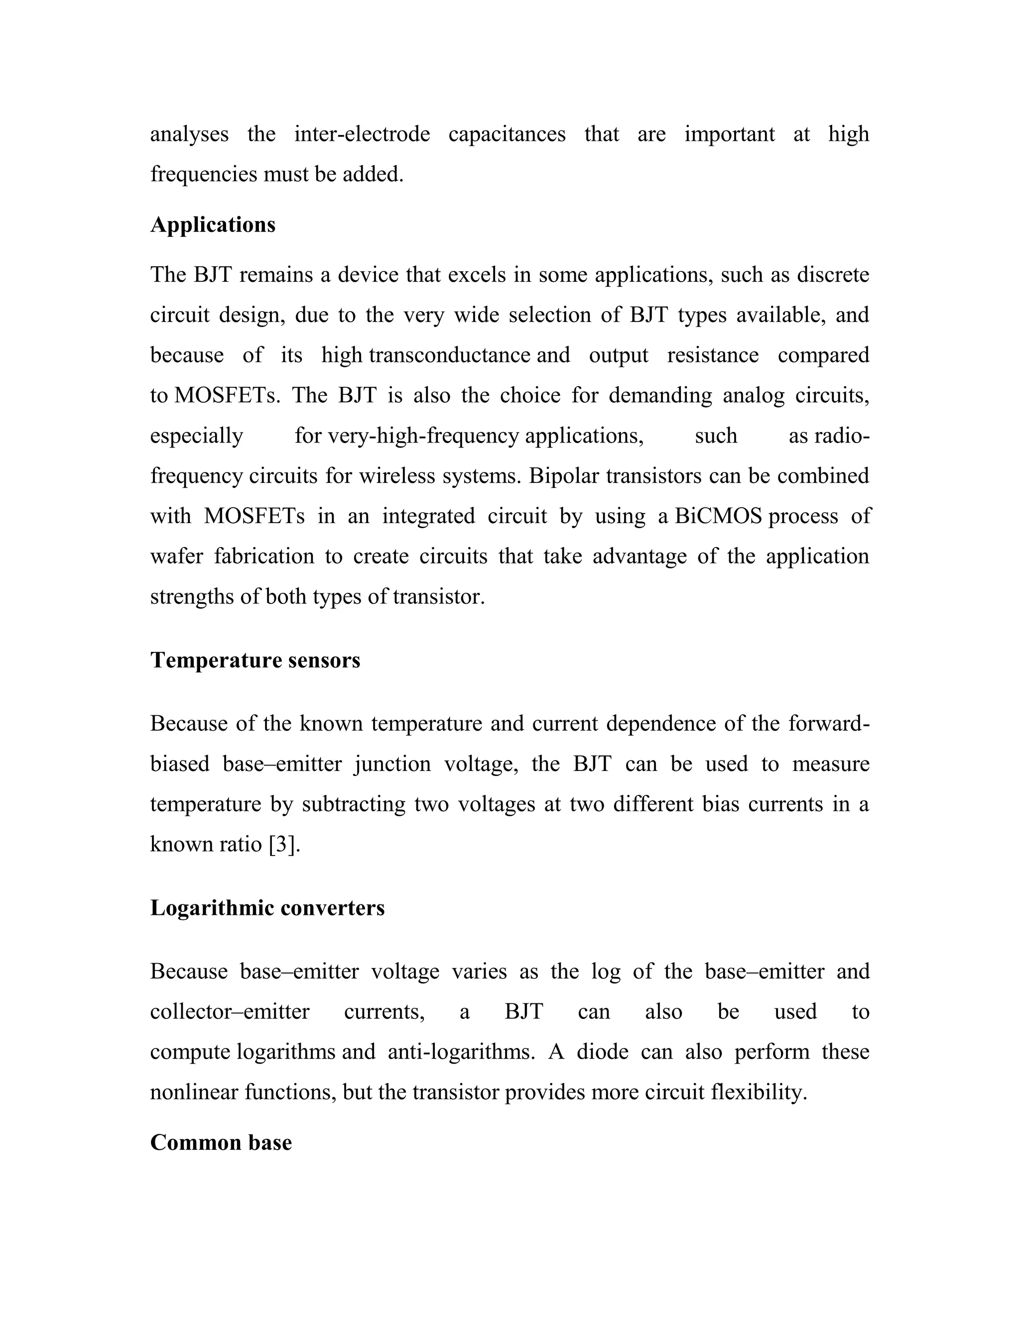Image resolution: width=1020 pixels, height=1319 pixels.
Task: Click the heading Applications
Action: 213,224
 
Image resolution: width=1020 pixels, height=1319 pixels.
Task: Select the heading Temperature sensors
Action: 255,660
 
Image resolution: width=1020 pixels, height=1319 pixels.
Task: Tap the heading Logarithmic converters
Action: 267,908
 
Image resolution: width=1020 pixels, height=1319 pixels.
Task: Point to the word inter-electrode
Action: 362,134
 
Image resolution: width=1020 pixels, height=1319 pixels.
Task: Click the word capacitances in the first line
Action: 507,134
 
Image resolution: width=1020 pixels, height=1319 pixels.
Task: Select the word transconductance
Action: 450,355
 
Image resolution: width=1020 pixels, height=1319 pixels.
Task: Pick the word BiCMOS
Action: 718,516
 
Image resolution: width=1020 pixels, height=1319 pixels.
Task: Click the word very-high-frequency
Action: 423,436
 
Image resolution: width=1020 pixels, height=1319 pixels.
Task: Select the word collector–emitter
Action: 230,1011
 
